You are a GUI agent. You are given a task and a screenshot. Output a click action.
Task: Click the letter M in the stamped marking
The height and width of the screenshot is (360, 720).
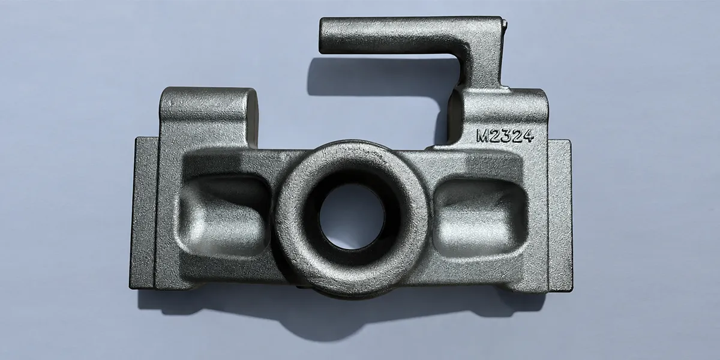point(483,136)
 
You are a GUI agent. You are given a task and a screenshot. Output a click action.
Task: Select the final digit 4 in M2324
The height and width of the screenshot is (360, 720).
point(528,136)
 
